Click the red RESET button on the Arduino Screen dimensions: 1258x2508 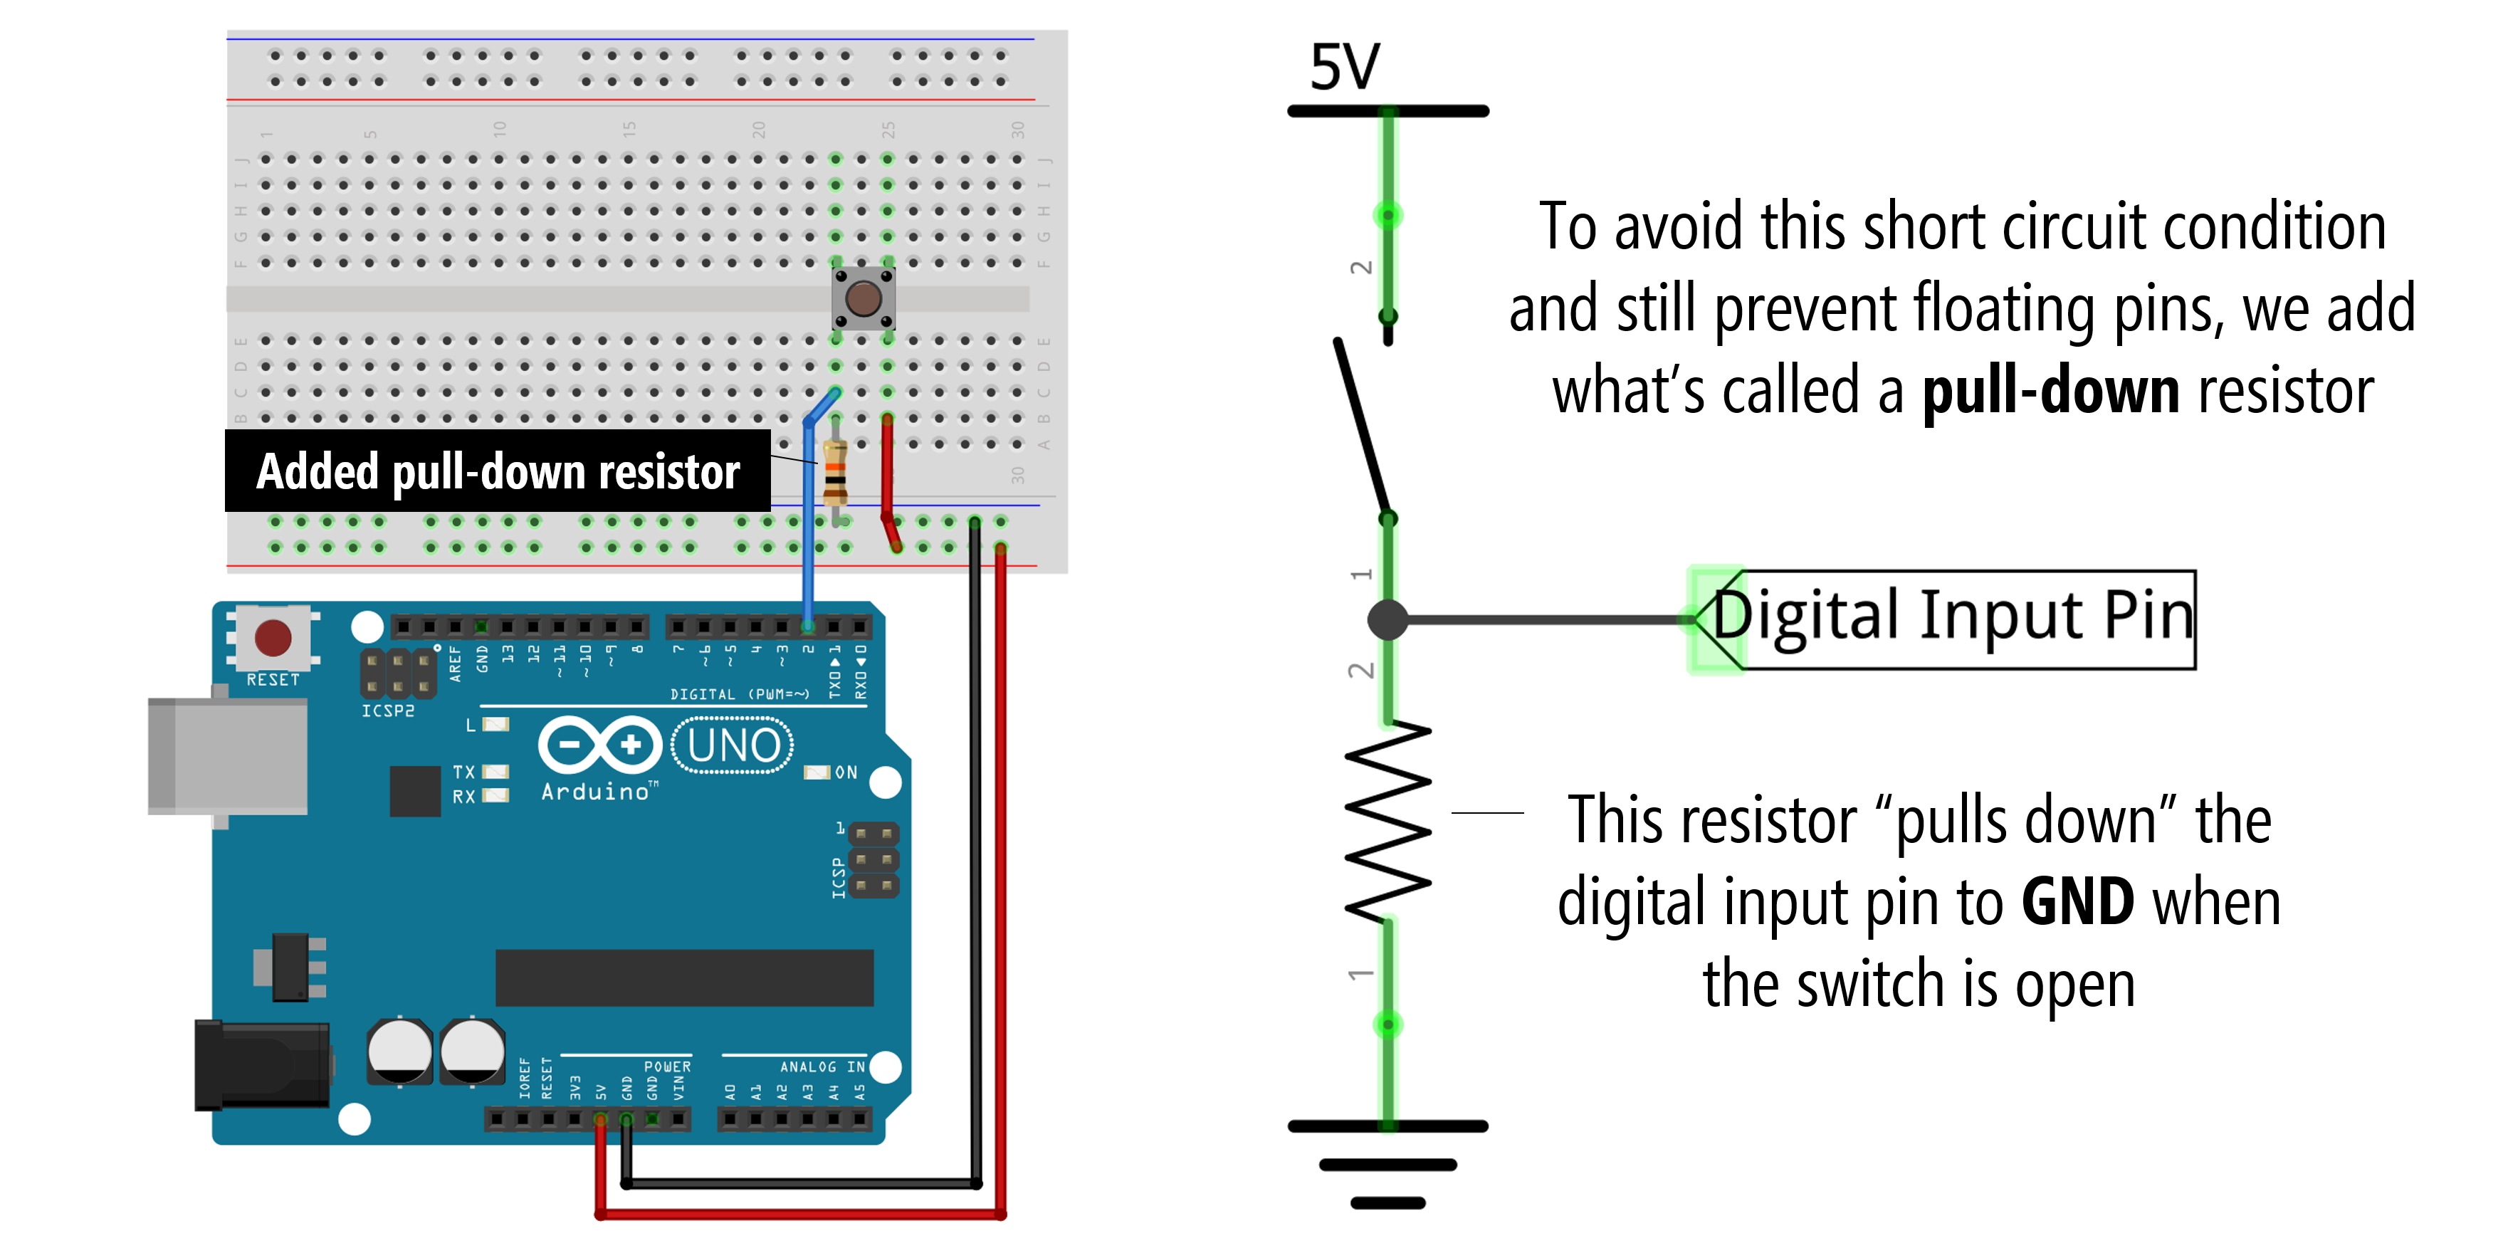(273, 638)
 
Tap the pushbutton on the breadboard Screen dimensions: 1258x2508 (863, 298)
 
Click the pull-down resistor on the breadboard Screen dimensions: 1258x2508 (834, 472)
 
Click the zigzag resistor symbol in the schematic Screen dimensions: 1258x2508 (1388, 820)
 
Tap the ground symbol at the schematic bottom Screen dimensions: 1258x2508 (1388, 1163)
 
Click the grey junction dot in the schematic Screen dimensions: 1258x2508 (1387, 619)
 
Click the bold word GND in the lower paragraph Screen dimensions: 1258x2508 (2077, 901)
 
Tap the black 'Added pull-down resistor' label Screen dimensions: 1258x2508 (498, 471)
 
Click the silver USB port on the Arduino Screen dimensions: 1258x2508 (227, 755)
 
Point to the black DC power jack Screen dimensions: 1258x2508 (261, 1064)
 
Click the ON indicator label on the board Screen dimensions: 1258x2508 (845, 772)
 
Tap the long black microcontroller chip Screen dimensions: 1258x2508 (683, 977)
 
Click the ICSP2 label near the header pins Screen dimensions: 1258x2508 (387, 711)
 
